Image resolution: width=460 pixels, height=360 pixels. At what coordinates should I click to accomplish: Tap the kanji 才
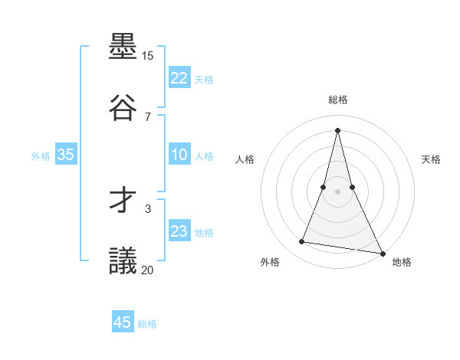pyautogui.click(x=123, y=201)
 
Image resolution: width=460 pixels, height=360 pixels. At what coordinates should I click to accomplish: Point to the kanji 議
pyautogui.click(x=123, y=260)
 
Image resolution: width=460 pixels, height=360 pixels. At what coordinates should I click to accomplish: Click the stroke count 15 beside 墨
pyautogui.click(x=148, y=56)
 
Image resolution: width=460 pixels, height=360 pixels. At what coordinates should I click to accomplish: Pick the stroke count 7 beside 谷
pyautogui.click(x=148, y=116)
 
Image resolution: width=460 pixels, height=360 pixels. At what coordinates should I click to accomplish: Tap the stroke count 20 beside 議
pyautogui.click(x=148, y=270)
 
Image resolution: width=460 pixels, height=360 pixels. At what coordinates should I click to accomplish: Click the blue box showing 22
pyautogui.click(x=179, y=78)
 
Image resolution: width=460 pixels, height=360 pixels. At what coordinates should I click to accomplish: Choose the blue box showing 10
pyautogui.click(x=179, y=155)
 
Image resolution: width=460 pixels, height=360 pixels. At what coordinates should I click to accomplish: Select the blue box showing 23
pyautogui.click(x=179, y=231)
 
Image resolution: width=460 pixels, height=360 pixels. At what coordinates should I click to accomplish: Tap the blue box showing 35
pyautogui.click(x=66, y=155)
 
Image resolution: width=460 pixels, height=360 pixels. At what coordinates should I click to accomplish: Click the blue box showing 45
pyautogui.click(x=123, y=322)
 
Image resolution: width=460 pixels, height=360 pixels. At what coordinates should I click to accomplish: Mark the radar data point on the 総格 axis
pyautogui.click(x=337, y=129)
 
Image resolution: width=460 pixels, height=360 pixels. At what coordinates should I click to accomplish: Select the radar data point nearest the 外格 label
pyautogui.click(x=302, y=242)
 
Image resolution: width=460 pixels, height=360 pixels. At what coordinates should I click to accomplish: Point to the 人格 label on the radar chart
pyautogui.click(x=245, y=159)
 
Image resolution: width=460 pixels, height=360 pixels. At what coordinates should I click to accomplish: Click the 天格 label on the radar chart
pyautogui.click(x=431, y=159)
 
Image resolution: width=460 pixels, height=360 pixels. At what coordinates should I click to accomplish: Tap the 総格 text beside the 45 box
pyautogui.click(x=147, y=324)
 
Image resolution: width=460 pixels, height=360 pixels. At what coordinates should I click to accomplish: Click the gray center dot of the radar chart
pyautogui.click(x=337, y=191)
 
